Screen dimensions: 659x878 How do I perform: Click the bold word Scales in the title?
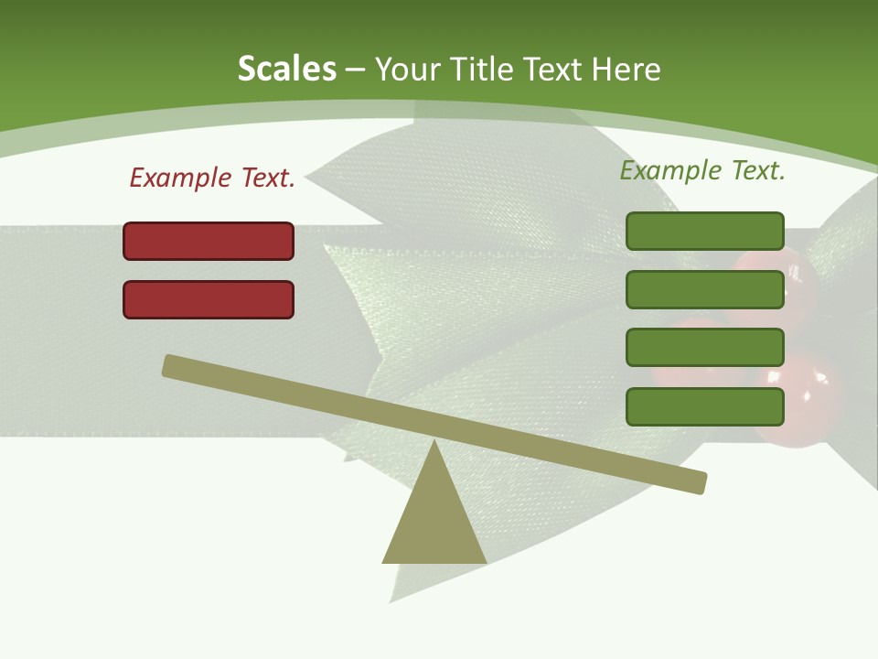(x=286, y=69)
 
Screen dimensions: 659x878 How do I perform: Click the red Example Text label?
(x=212, y=178)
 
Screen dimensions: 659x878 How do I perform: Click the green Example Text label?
(x=702, y=170)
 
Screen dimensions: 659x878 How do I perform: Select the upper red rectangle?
(x=209, y=241)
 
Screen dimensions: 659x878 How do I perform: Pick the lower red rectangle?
(x=209, y=299)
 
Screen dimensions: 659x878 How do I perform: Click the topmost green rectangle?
(x=704, y=231)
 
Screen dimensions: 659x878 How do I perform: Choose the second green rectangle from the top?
(x=704, y=289)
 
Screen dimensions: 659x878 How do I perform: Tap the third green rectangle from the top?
(x=704, y=347)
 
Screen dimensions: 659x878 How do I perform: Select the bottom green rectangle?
(x=704, y=406)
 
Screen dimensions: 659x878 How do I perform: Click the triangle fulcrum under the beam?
(x=434, y=522)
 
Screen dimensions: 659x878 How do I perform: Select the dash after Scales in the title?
(x=355, y=70)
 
